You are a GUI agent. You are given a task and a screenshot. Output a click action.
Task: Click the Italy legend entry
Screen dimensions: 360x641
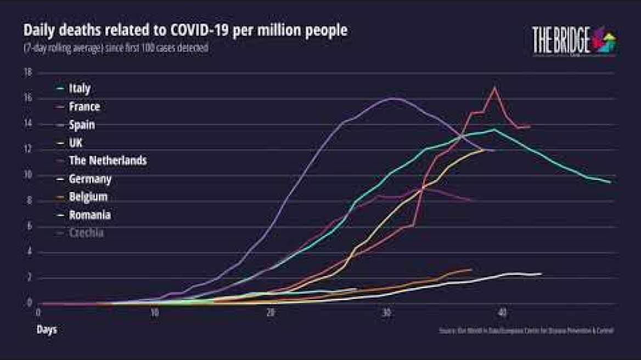point(79,88)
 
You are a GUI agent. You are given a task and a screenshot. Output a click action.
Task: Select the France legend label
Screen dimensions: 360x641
point(83,106)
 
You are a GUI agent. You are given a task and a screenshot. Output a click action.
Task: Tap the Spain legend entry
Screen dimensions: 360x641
point(81,125)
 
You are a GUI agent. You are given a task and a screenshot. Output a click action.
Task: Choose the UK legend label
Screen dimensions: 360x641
point(75,143)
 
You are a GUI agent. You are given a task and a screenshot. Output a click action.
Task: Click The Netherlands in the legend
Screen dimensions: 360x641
point(108,161)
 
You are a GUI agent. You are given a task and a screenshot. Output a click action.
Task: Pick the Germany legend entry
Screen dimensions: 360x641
point(90,179)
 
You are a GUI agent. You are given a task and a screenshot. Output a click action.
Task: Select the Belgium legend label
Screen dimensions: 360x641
point(88,197)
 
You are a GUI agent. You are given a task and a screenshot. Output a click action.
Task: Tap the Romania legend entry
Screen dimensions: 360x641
point(89,215)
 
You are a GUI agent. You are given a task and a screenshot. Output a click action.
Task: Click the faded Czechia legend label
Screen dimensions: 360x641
point(87,233)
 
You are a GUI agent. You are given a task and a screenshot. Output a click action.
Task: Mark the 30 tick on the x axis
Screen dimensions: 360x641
point(386,312)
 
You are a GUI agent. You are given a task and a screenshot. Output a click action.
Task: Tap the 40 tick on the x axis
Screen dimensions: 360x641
point(502,312)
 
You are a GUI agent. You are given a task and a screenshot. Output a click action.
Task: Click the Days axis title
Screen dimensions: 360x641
point(47,330)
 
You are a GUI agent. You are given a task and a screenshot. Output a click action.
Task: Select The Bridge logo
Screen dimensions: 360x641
point(574,41)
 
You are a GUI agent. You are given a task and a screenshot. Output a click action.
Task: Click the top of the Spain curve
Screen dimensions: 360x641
point(393,98)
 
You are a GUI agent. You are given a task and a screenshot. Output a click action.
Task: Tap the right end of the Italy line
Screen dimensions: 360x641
point(610,182)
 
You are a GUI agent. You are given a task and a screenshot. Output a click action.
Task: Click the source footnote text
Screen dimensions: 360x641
point(526,331)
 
